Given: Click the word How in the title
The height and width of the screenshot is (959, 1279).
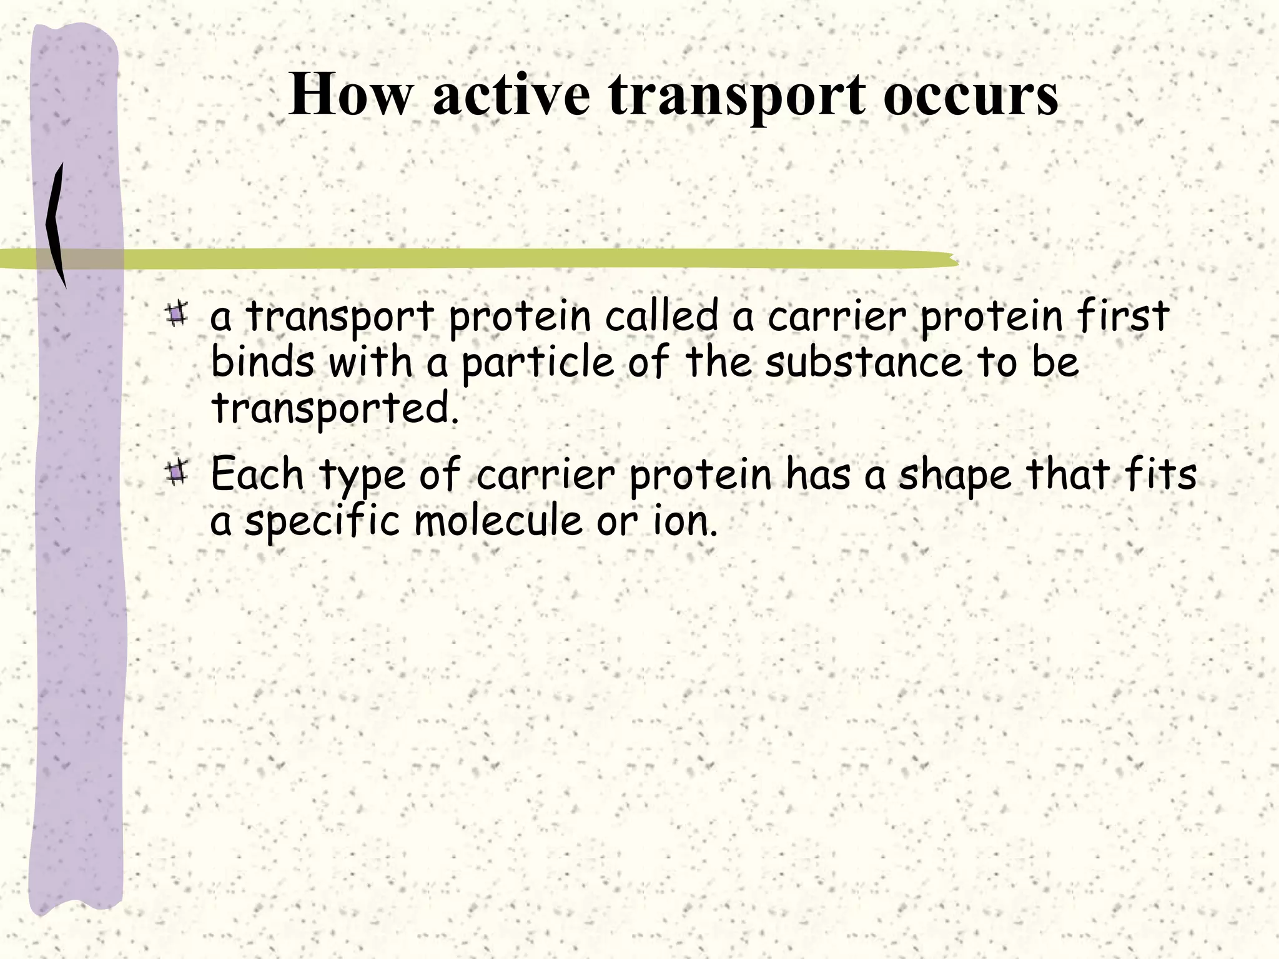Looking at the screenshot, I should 350,95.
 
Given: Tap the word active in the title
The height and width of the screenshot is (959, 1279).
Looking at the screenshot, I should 511,95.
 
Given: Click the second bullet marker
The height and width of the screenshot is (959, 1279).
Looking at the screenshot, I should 177,473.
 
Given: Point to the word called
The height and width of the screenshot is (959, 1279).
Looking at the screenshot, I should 662,316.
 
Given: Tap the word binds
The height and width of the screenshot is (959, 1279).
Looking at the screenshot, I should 262,362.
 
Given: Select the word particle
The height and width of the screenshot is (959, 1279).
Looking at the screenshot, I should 538,363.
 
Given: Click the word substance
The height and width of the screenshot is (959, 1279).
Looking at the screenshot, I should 864,362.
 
